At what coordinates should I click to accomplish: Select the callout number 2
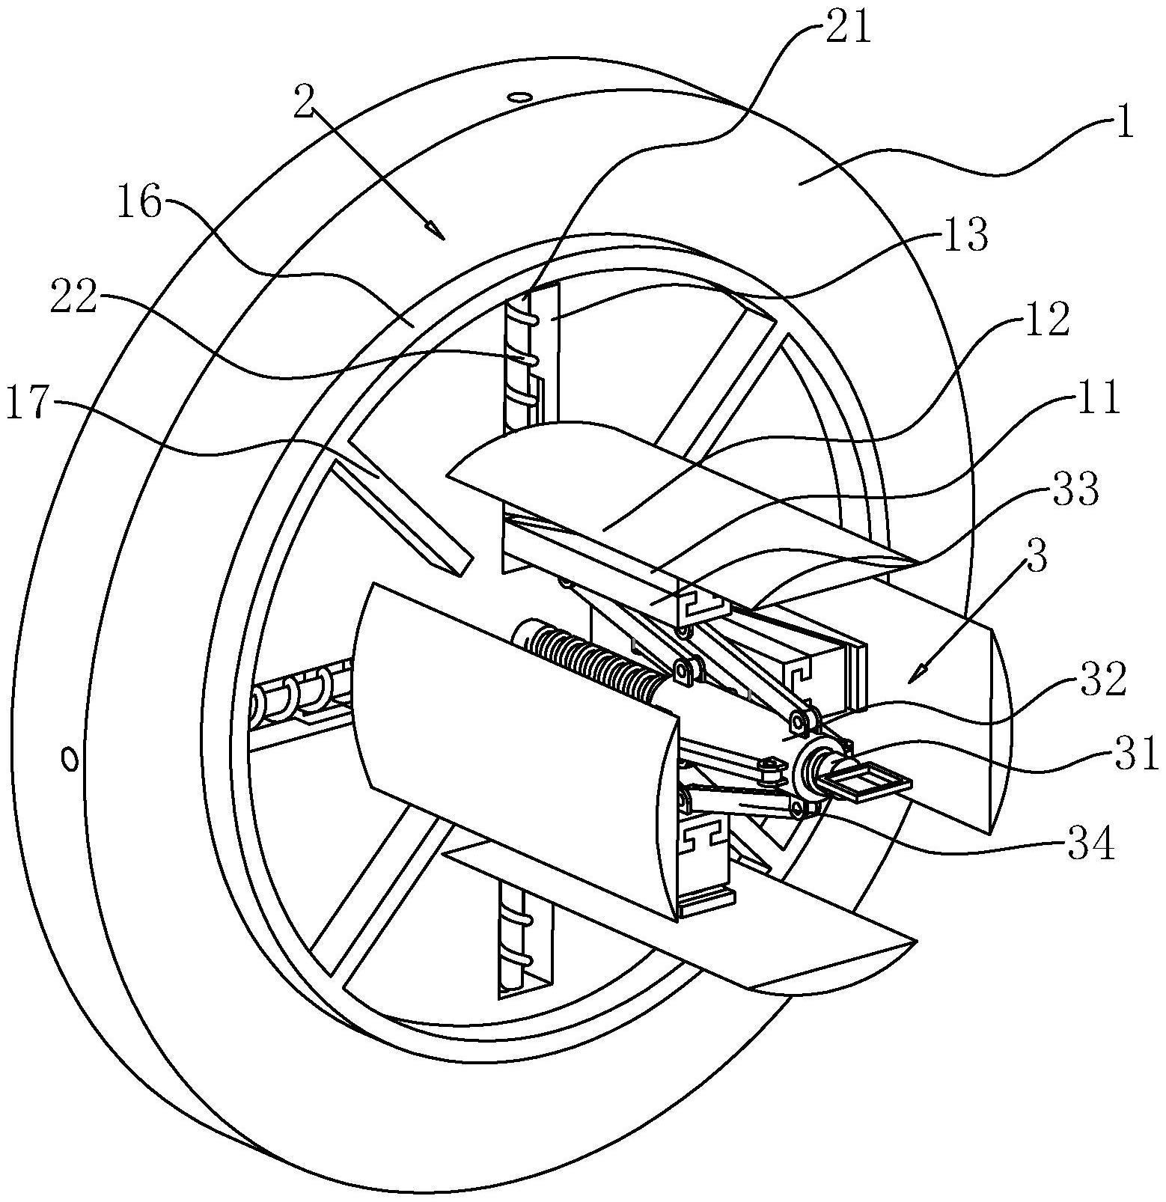pos(303,102)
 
